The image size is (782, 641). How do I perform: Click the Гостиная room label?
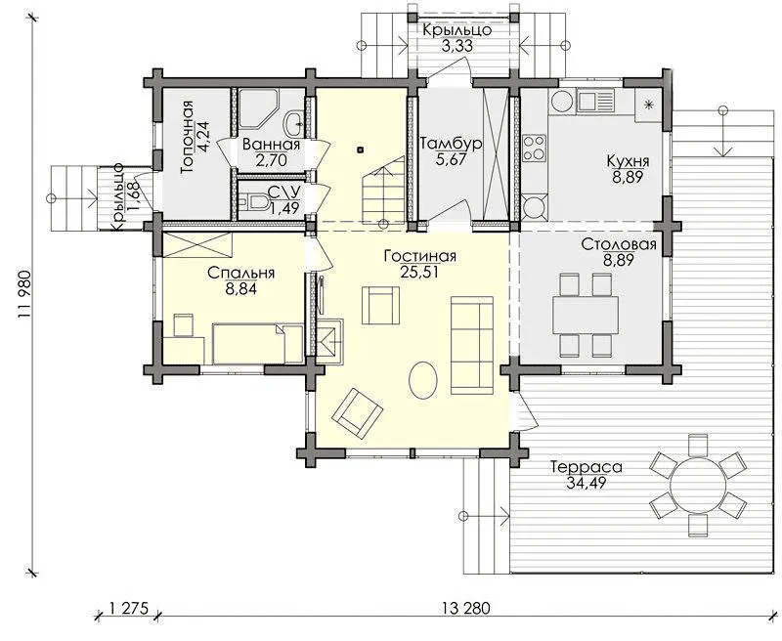point(420,256)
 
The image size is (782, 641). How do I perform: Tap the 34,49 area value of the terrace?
point(586,483)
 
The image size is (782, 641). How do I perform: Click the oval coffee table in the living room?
point(423,380)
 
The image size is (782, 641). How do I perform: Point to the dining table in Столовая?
point(585,316)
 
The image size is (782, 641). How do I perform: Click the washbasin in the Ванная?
point(293,122)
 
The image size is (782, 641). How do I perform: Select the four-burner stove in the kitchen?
point(534,149)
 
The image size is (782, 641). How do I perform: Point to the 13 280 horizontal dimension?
point(466,608)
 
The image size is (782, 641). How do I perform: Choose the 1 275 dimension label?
point(128,608)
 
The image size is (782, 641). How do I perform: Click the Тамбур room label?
point(451,144)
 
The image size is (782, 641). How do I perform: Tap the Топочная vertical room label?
point(187,137)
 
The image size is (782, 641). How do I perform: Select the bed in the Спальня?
point(258,344)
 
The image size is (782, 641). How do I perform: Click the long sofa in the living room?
point(472,345)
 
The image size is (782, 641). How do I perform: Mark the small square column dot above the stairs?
point(361,150)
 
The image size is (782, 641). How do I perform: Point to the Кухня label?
point(628,161)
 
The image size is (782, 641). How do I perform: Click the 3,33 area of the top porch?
point(456,46)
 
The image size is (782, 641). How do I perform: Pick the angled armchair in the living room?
point(358,413)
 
